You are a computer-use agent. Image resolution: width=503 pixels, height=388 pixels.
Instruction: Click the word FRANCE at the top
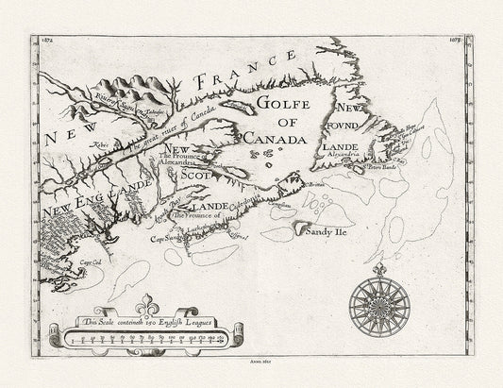point(236,76)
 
